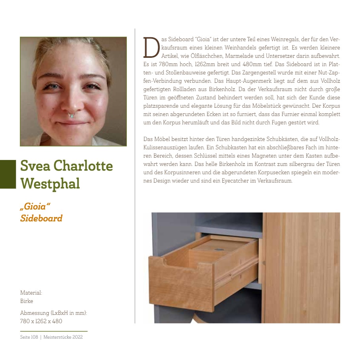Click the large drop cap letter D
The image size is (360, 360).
tap(150, 47)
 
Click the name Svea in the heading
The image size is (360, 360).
tap(37, 166)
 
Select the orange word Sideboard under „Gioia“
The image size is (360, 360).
tap(41, 218)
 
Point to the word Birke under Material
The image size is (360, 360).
tap(27, 301)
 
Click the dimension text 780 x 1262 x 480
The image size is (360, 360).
tap(41, 321)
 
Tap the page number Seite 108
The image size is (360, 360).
tap(29, 337)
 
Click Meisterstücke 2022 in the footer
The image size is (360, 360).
tap(63, 337)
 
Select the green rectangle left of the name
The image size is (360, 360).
tap(8, 174)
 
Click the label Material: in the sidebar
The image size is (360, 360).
tap(31, 293)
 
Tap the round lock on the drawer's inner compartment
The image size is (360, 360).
tap(217, 250)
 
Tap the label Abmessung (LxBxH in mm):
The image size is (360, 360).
tap(53, 313)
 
